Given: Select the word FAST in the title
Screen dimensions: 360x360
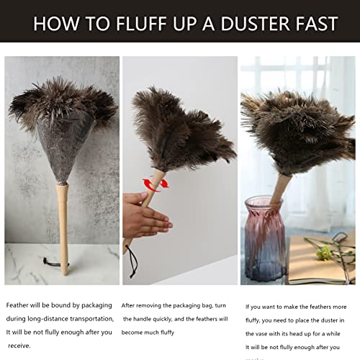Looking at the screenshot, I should coord(312,24).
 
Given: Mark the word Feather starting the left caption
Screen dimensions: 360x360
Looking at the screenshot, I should coord(18,305).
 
